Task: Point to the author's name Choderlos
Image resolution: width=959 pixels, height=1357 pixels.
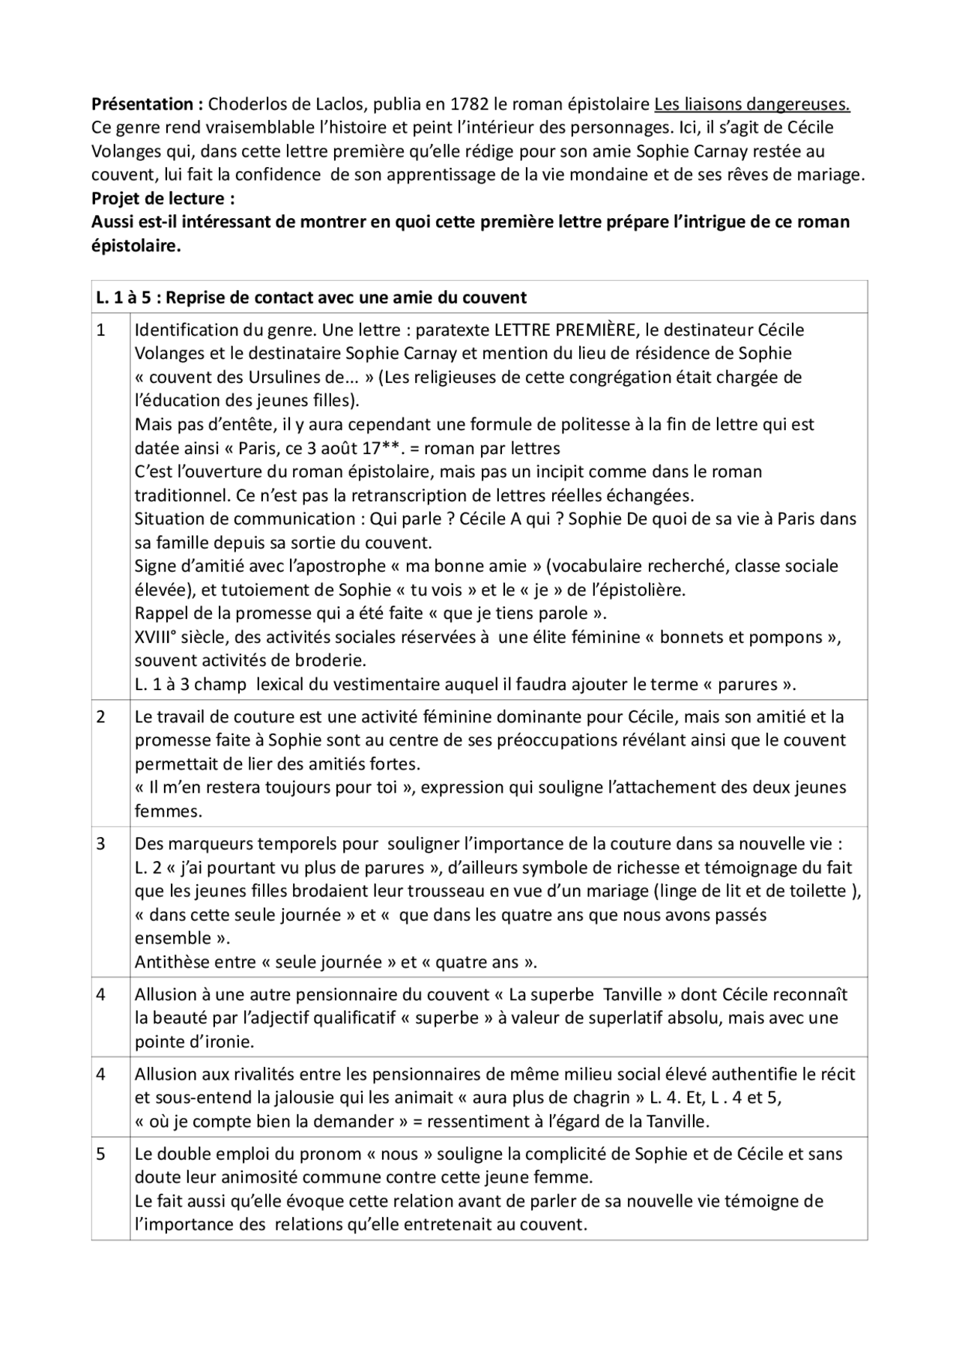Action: click(x=244, y=104)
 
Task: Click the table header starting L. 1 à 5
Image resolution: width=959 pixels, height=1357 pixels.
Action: click(x=311, y=297)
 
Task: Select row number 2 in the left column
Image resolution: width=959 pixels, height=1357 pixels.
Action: click(x=101, y=717)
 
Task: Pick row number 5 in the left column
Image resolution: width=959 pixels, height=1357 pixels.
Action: click(x=101, y=1154)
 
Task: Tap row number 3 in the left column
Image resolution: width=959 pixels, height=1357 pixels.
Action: click(x=101, y=844)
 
